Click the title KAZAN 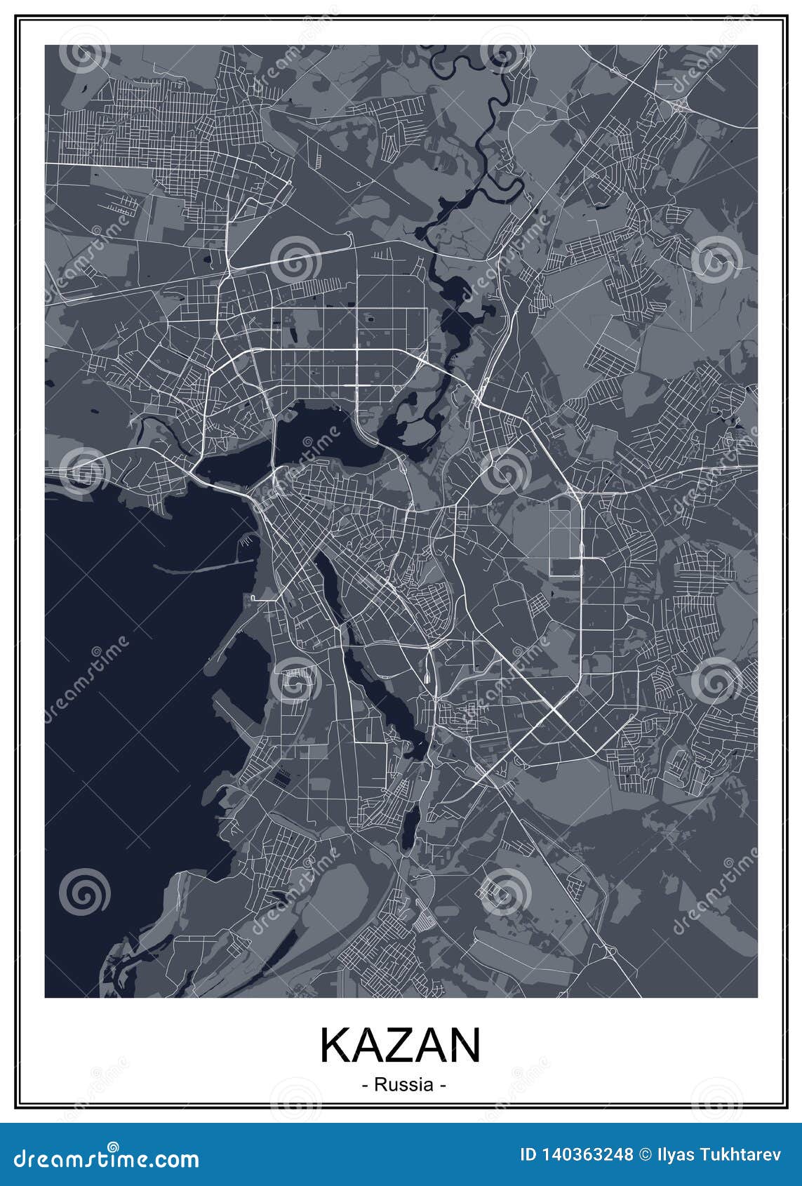(x=401, y=1046)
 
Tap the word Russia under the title (x=403, y=1085)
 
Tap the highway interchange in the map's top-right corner (x=679, y=105)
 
